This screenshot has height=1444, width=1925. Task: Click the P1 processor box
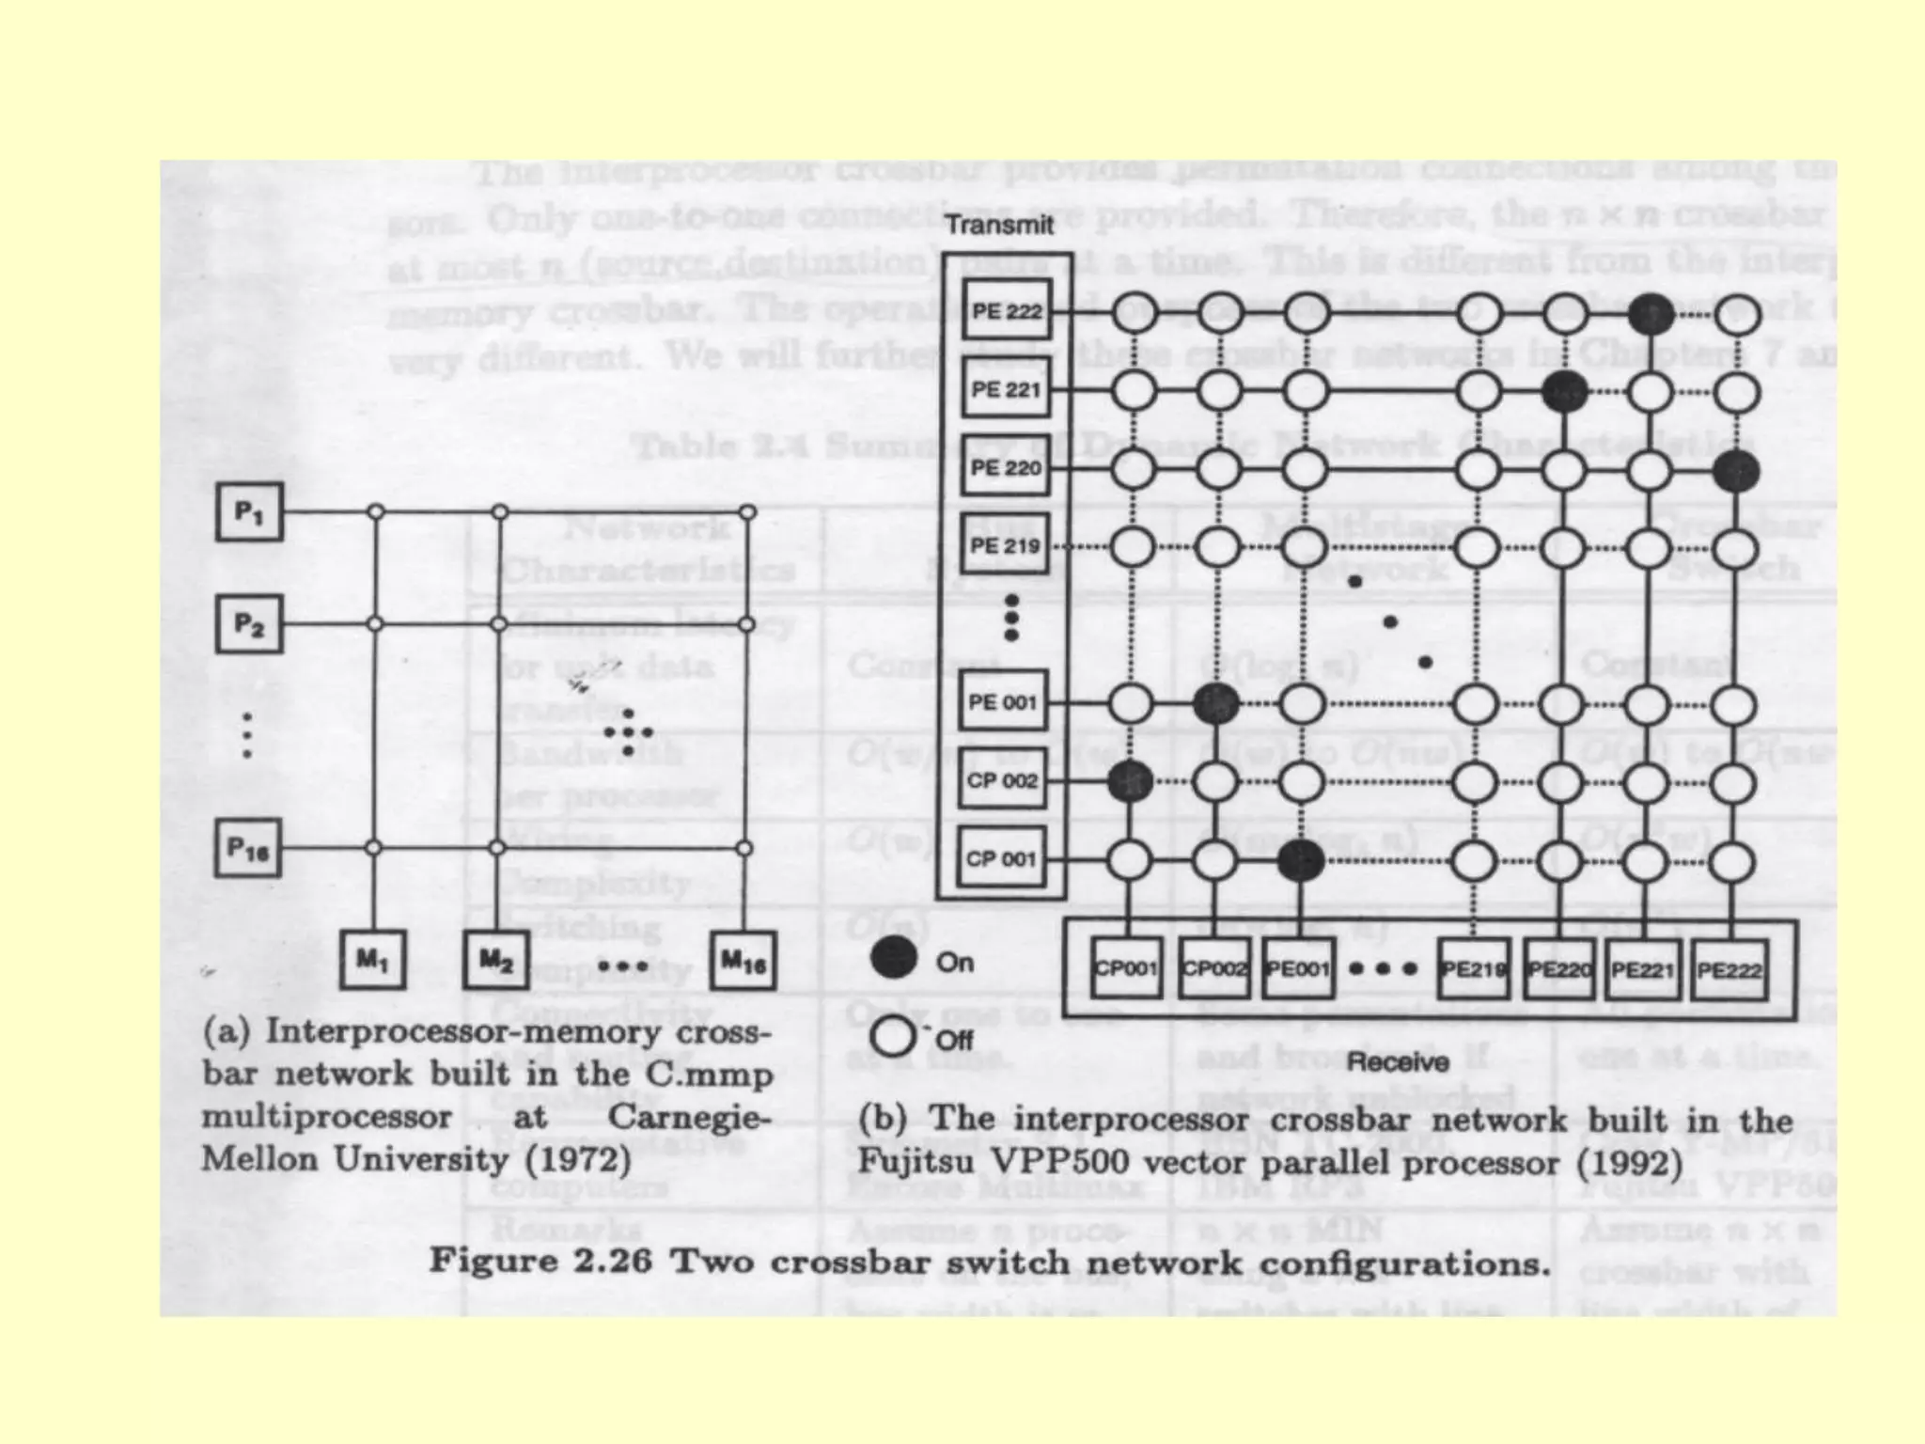249,512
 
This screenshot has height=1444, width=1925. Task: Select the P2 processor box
249,624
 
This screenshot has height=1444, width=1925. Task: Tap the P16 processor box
248,848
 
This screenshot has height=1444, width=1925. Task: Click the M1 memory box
372,960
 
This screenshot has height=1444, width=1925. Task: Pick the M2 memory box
496,960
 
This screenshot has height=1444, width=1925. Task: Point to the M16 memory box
743,960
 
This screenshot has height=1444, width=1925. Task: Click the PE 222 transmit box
1006,311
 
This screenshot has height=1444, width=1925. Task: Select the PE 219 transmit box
1005,545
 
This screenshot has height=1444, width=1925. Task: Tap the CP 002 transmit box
1002,780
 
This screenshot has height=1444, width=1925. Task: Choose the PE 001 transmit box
1002,702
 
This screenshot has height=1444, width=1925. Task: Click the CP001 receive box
1126,968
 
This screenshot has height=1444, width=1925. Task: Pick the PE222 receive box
1729,968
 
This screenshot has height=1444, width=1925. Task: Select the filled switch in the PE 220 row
1735,471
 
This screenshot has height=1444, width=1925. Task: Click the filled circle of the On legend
893,958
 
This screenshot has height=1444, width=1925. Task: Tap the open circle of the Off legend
892,1037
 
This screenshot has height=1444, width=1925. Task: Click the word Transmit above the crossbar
999,225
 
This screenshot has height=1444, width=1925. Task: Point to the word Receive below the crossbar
1398,1062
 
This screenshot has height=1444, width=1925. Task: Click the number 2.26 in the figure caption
612,1261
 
